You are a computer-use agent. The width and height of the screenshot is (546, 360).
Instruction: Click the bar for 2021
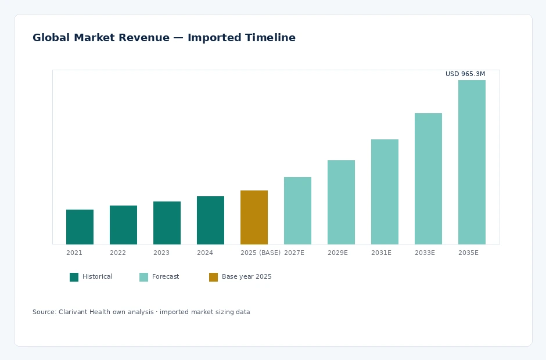click(80, 227)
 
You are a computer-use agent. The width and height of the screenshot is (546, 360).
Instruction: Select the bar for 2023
click(167, 223)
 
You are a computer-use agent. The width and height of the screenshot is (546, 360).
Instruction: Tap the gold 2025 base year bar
click(254, 217)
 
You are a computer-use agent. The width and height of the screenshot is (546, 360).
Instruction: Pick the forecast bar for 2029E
click(342, 202)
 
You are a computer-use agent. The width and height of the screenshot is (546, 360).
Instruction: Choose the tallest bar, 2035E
click(472, 162)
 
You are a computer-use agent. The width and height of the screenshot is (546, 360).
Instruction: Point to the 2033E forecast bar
click(428, 179)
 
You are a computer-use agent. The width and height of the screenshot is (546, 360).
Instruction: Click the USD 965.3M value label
click(465, 74)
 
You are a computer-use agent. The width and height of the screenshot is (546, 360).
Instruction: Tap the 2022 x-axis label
click(118, 253)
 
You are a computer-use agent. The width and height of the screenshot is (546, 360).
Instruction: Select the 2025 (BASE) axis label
click(260, 253)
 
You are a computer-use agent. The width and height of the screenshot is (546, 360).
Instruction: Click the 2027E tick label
click(294, 253)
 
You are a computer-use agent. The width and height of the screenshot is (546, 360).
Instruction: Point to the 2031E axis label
click(381, 253)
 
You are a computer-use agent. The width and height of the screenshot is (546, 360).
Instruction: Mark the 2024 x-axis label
click(204, 253)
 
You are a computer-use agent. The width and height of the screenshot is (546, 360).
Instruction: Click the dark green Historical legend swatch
click(74, 277)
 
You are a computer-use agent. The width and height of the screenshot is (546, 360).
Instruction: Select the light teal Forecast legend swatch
click(144, 277)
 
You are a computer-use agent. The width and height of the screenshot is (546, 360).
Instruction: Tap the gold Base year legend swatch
click(213, 277)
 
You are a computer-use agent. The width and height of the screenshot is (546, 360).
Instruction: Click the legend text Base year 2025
click(246, 277)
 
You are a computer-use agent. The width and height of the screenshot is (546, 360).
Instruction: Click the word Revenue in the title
click(144, 38)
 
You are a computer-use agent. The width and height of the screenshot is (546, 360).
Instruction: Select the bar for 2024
click(211, 221)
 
